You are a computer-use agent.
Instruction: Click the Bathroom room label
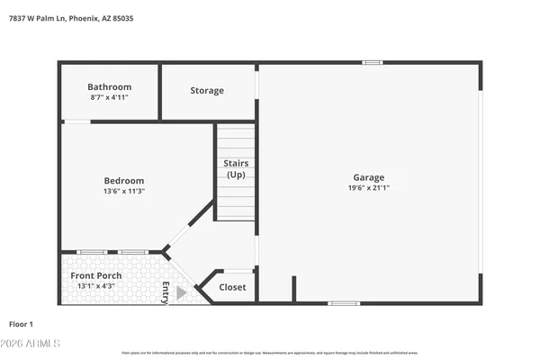coord(110,86)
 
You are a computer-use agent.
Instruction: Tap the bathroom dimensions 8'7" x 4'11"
coord(110,97)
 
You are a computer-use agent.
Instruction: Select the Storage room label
coord(207,91)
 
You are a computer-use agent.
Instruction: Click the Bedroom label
coord(123,181)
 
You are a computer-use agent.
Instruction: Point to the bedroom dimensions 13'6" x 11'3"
coord(123,192)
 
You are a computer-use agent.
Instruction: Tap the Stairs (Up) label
coord(236,168)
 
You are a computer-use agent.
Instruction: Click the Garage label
coord(368,177)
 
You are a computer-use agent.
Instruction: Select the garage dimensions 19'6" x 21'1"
coord(368,188)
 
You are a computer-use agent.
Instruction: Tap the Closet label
coord(232,288)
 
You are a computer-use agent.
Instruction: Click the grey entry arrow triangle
coord(181,292)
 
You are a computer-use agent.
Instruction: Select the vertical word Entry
coord(166,292)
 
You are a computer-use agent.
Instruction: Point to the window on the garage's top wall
coord(372,62)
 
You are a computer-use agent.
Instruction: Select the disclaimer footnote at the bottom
coord(270,353)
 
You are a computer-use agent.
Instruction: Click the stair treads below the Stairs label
coord(236,202)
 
